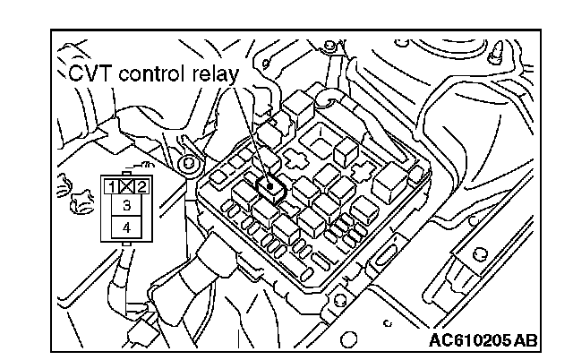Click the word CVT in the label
click(86, 73)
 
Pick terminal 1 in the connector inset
click(108, 187)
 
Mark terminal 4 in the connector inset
click(124, 227)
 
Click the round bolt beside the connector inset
click(187, 165)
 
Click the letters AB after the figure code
click(526, 340)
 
